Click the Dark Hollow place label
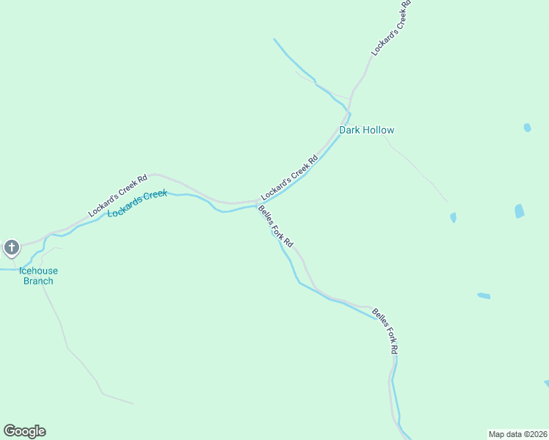point(366,130)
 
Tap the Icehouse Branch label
point(38,276)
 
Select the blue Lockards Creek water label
point(137,203)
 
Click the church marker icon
point(12,248)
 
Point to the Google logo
point(24,431)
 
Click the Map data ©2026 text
point(517,434)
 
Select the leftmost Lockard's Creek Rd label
point(117,195)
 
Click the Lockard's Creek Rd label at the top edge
point(391,28)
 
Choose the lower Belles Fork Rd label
point(385,331)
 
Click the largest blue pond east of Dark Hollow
point(520,211)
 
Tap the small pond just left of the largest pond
point(453,217)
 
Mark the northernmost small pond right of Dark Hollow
point(527,128)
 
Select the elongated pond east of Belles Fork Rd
point(484,296)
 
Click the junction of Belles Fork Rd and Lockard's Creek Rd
point(255,202)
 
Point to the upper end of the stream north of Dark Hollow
point(274,40)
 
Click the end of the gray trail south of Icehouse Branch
point(132,403)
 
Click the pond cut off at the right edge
point(546,383)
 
